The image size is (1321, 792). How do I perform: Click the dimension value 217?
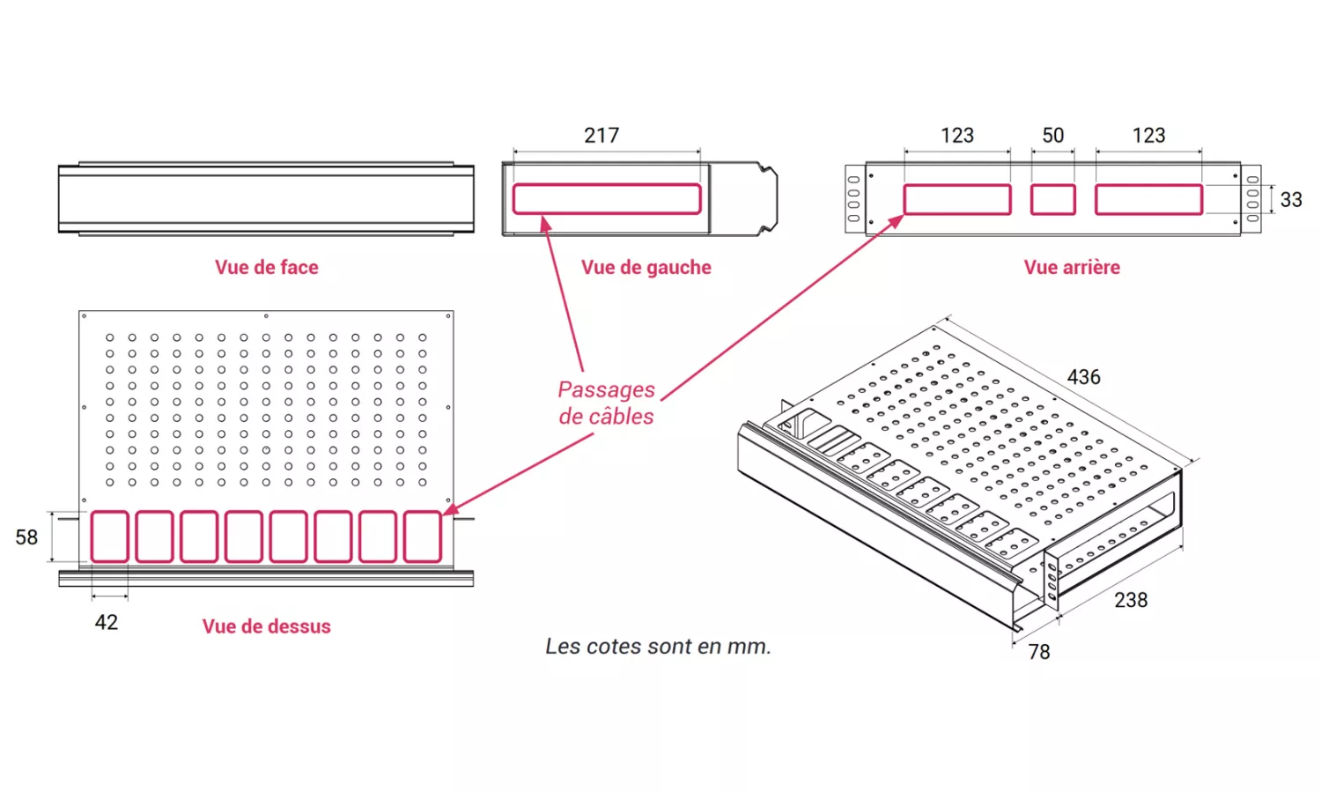[601, 136]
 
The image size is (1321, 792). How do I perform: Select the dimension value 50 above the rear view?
[1052, 136]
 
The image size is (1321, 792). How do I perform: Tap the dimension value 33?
[1291, 200]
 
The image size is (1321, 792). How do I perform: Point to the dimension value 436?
[1083, 377]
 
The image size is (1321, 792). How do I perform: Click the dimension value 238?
[1131, 601]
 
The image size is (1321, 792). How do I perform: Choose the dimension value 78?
[1039, 652]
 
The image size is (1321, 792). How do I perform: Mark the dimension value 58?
[26, 537]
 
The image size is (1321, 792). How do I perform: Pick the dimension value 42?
[107, 623]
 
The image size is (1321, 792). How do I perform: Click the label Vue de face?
[266, 268]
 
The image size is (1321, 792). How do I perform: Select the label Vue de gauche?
[646, 268]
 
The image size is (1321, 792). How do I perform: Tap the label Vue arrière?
[1072, 268]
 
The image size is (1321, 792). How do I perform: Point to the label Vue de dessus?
[266, 626]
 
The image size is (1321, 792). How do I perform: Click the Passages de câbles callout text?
[606, 403]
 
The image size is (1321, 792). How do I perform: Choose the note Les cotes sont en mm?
[658, 647]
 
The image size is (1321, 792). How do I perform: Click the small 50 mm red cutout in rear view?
[1053, 200]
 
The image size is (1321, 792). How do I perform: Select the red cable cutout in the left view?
[607, 199]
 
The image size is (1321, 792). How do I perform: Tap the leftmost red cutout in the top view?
[109, 537]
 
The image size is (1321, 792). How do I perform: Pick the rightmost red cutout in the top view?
[423, 537]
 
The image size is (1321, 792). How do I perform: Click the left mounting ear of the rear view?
[854, 199]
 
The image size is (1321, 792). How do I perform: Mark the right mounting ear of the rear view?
[1251, 199]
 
